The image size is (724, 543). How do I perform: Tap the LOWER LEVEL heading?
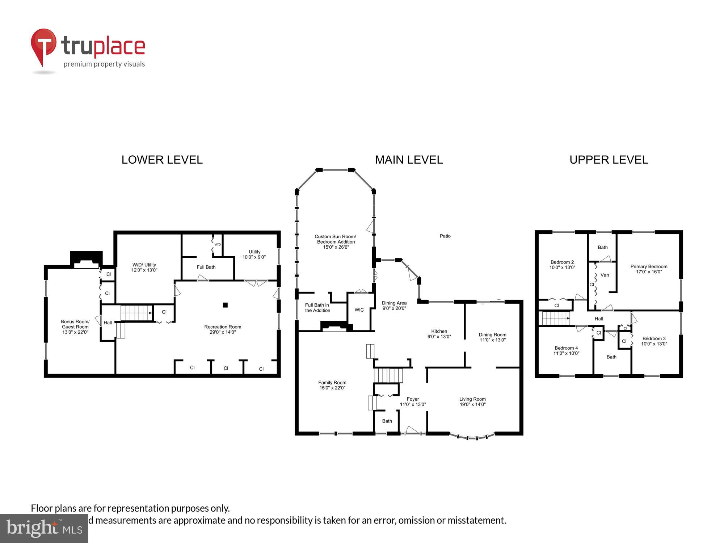point(162,160)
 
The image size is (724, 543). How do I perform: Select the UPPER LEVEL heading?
point(609,160)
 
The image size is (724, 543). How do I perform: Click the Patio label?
point(445,236)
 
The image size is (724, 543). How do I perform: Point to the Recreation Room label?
point(223,327)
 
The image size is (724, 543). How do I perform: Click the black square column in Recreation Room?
point(225,305)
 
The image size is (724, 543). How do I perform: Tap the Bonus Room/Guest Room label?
point(75,324)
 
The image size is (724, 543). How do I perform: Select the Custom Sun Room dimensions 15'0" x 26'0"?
point(336,247)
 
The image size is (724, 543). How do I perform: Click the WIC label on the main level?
point(359,310)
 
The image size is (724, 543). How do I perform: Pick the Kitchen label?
point(439,331)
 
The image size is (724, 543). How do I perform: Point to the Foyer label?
point(413,399)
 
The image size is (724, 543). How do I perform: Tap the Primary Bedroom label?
point(649,266)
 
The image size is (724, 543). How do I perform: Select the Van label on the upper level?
point(605,275)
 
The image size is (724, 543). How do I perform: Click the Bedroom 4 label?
point(566,348)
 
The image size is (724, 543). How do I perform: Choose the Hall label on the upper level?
point(599,319)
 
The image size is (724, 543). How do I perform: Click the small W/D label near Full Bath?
point(218,245)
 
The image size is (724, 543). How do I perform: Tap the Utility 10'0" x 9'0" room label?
point(254,254)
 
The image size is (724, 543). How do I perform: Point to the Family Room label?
point(332,383)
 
